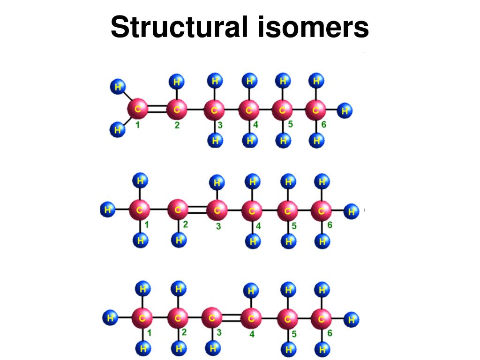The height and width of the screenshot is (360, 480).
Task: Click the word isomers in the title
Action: point(313,27)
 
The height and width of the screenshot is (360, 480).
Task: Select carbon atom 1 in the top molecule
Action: point(138,110)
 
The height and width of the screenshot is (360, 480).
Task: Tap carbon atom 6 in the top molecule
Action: point(315,111)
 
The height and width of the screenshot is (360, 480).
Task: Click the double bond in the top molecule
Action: point(157,110)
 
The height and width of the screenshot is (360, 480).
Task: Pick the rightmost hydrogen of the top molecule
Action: point(345,111)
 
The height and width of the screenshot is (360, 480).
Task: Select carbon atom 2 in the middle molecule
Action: point(178,211)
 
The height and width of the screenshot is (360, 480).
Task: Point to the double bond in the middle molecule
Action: point(197,211)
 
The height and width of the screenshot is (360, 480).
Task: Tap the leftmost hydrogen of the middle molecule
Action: point(108,210)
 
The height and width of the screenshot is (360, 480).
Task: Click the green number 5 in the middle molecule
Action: point(294,226)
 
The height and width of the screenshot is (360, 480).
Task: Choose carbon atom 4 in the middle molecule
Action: point(252,211)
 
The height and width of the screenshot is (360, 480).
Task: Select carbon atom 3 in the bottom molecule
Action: point(212,319)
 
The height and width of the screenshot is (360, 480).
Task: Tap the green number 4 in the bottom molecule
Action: point(252,335)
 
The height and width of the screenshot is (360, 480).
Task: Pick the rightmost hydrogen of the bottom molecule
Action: point(352,320)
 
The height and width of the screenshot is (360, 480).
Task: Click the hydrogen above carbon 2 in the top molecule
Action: point(177,82)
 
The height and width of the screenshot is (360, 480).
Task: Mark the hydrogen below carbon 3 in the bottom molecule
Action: point(213,348)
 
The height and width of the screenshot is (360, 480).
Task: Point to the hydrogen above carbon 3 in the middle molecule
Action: point(217,182)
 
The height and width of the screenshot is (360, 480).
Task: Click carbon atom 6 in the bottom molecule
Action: point(322,319)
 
